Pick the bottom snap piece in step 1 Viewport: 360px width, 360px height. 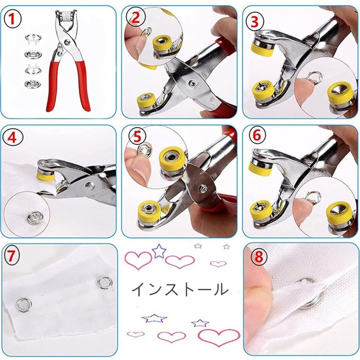pyautogui.click(x=31, y=84)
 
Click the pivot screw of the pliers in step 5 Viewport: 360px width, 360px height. pyautogui.click(x=202, y=188)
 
